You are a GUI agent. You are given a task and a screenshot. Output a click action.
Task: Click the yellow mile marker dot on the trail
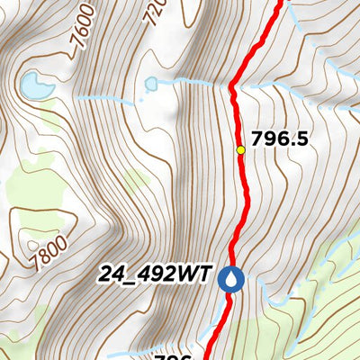[x=240, y=149]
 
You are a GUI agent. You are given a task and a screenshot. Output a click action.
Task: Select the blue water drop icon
[x=233, y=279]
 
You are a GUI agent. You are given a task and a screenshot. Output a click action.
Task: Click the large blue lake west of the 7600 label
[x=36, y=86]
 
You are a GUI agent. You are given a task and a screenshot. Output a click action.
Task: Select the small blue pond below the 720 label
[x=151, y=85]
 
